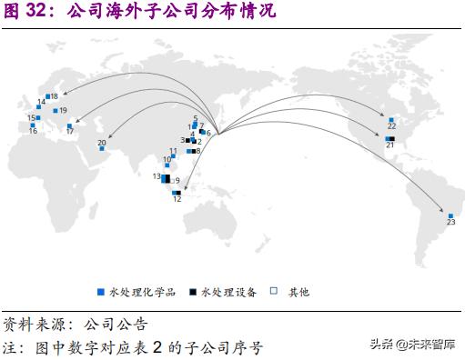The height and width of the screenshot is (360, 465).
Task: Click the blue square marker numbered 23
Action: pos(450,216)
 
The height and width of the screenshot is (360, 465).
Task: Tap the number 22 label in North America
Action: pos(391,126)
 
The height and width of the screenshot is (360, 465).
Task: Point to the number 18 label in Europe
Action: pos(55,95)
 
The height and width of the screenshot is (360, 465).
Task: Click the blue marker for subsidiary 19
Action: pos(56,110)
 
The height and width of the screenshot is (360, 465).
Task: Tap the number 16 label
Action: pos(33,131)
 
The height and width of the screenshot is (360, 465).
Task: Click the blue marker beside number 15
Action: pos(37,117)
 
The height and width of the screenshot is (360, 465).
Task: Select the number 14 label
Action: pos(41,102)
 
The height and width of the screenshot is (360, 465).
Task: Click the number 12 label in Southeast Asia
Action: pos(177,199)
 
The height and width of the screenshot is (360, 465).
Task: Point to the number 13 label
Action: pos(157,175)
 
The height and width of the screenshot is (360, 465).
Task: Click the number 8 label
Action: pos(197,151)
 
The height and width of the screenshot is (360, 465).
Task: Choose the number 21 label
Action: pos(389,145)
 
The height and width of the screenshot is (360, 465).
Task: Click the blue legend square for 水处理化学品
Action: pos(101,292)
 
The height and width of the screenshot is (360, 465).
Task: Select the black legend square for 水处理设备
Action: pos(193,292)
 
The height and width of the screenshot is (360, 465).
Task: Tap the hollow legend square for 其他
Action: pos(274,292)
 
